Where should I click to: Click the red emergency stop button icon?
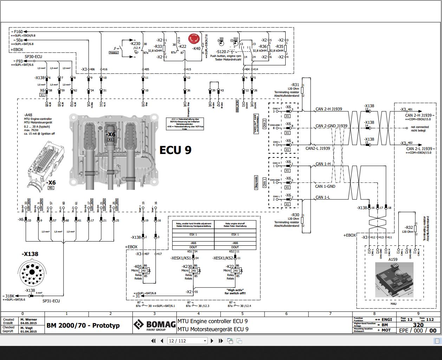coord(194,39)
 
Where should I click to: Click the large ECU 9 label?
coord(175,150)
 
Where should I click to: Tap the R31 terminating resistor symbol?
coord(302,90)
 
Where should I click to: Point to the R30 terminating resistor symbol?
coord(302,220)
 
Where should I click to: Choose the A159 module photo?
coord(394,280)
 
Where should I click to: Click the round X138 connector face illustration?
coord(32,272)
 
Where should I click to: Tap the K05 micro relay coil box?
coord(143,271)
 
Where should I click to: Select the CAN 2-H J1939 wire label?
coord(329,109)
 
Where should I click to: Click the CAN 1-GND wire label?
coord(325,186)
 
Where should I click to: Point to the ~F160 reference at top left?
coord(18,32)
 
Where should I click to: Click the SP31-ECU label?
coord(51,301)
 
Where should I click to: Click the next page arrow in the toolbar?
coord(212,341)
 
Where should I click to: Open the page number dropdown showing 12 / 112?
coord(187,341)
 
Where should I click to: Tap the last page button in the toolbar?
coord(221,341)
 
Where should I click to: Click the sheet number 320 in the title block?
coord(418,325)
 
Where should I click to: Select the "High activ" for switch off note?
coord(235,291)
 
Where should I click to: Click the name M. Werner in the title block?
coord(28,320)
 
